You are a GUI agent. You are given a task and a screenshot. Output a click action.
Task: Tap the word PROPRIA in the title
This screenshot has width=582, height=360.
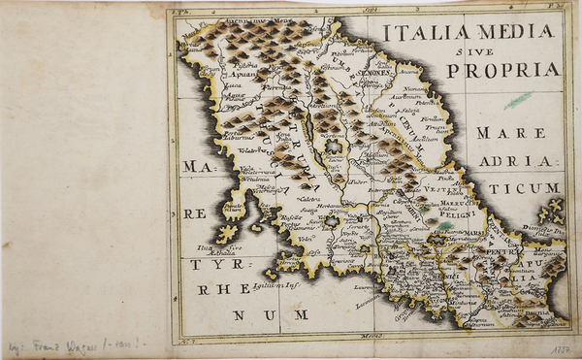tap(503, 70)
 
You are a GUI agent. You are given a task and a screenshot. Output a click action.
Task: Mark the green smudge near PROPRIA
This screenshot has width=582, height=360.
tap(519, 99)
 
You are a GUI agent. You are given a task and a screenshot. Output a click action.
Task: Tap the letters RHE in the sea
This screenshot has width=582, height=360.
tap(217, 289)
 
